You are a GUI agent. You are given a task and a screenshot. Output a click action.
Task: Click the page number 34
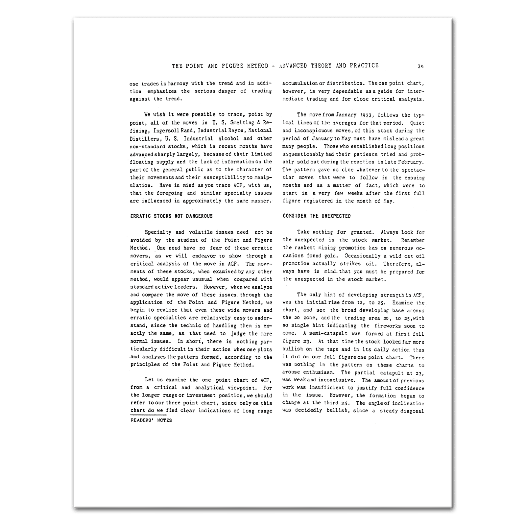(420, 66)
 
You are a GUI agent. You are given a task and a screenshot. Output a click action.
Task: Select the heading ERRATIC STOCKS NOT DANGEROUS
(171, 216)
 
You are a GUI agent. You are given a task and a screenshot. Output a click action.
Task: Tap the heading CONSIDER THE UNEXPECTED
(317, 216)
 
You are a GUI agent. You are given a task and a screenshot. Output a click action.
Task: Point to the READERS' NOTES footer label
(151, 420)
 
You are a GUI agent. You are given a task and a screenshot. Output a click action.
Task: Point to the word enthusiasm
(320, 372)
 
